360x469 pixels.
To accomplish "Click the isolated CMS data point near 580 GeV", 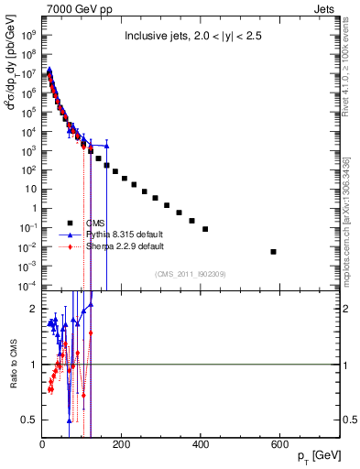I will click(x=274, y=252).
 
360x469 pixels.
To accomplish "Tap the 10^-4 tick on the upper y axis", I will click(x=27, y=286).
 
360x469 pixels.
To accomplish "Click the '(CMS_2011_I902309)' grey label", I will click(x=191, y=274).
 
